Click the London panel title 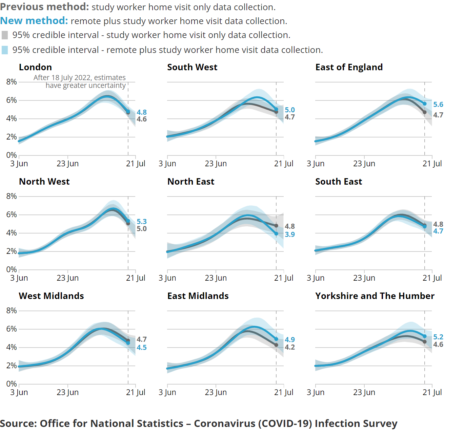(35, 67)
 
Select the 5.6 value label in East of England (438, 105)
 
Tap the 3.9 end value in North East (289, 235)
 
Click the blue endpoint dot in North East (276, 234)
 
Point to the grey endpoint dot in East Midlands (276, 345)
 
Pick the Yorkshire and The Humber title (375, 296)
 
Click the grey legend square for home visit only (5, 35)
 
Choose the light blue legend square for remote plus (5, 50)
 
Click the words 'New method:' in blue (34, 21)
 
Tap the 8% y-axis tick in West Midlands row (11, 311)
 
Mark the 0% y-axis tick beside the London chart (11, 155)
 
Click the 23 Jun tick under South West (216, 164)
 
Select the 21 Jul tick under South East (432, 278)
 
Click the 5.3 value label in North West (142, 222)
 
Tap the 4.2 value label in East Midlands (289, 347)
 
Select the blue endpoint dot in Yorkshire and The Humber (425, 336)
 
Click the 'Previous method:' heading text (44, 7)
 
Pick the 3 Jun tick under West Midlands (19, 392)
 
